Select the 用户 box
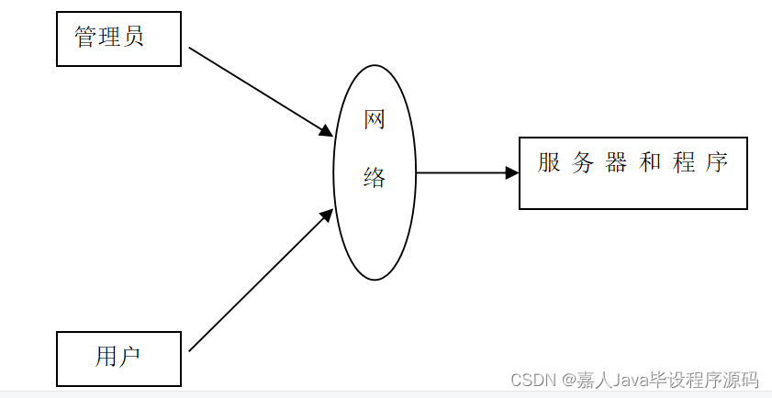click(118, 358)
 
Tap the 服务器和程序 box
click(632, 173)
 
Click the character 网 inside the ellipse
click(375, 120)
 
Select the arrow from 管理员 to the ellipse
click(259, 91)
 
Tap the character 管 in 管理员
click(86, 38)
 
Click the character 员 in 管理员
click(133, 38)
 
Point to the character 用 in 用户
click(106, 356)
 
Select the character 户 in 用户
click(130, 356)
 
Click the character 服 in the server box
click(549, 163)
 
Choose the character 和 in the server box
click(650, 163)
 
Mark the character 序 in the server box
click(717, 163)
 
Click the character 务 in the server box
click(582, 163)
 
